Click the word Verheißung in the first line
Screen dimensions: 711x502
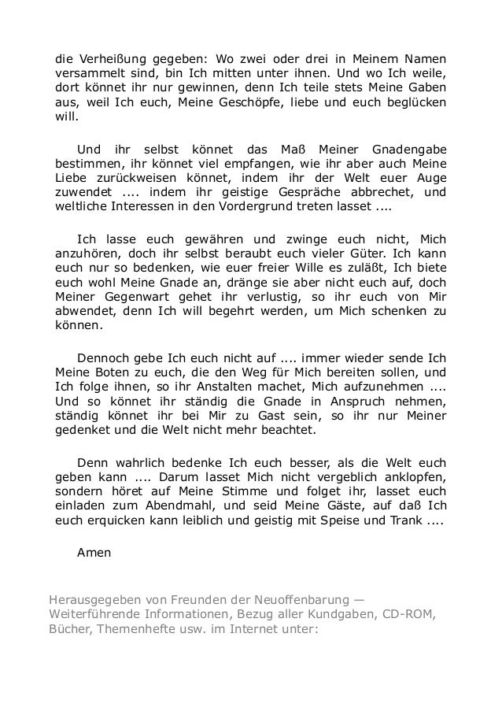click(x=111, y=59)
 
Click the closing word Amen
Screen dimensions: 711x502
click(x=94, y=552)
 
